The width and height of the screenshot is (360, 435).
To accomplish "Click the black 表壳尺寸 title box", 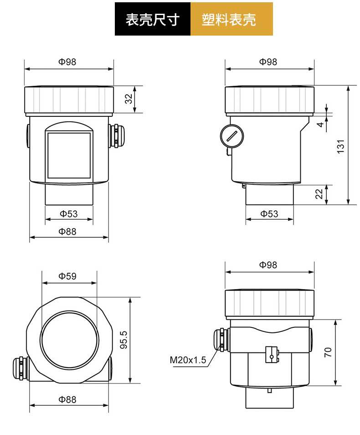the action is pyautogui.click(x=153, y=19).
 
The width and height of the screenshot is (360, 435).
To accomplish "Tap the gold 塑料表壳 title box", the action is pyautogui.click(x=231, y=19).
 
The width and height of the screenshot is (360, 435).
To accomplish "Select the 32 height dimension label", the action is pyautogui.click(x=129, y=99).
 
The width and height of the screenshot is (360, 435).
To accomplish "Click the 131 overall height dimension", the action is pyautogui.click(x=340, y=146).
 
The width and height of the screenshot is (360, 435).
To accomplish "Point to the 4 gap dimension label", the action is pyautogui.click(x=321, y=124).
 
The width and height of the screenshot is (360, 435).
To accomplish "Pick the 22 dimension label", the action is pyautogui.click(x=319, y=194).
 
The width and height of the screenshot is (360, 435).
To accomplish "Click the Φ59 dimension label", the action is pyautogui.click(x=67, y=276).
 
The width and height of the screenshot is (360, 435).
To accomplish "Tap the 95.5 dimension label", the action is pyautogui.click(x=123, y=340).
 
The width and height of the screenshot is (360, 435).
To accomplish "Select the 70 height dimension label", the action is pyautogui.click(x=328, y=352).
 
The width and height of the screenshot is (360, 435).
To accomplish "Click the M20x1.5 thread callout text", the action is pyautogui.click(x=188, y=360).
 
